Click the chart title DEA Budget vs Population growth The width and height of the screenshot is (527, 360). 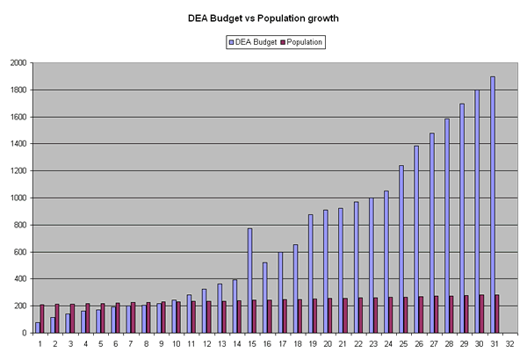coord(263,17)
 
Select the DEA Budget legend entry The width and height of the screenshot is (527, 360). coord(255,41)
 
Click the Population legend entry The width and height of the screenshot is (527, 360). coord(300,41)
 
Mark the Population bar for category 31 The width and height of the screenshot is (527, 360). coord(496,313)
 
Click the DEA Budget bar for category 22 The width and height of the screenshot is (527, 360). coord(356,268)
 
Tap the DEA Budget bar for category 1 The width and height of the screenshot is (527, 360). coord(38,328)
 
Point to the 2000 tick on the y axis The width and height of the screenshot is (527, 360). coord(18,63)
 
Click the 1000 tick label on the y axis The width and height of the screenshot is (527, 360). coord(18,198)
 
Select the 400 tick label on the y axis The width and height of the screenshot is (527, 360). coord(19,279)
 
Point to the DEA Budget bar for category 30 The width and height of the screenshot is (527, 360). coord(477,212)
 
